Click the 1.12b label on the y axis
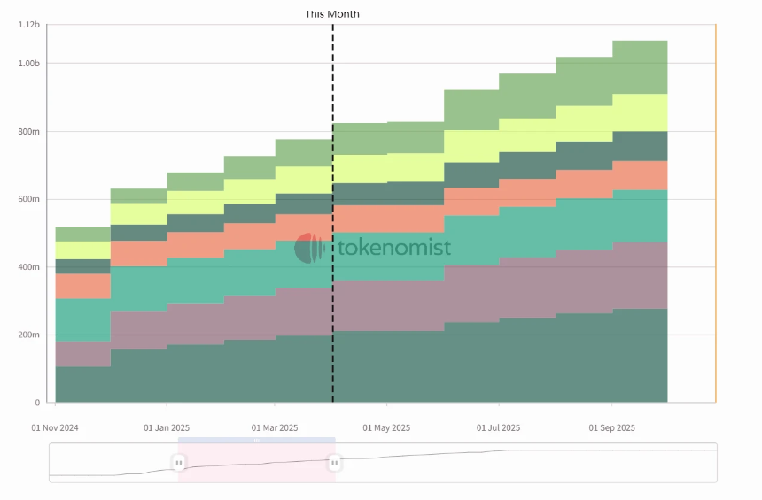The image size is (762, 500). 29,25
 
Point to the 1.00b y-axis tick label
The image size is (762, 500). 29,64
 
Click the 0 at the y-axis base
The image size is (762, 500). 38,403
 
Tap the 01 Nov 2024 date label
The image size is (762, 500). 55,428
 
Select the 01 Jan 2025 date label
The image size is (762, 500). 167,428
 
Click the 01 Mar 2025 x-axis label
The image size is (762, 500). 275,428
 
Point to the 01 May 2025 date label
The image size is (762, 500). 387,428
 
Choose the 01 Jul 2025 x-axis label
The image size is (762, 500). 499,428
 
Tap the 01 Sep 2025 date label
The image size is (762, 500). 612,428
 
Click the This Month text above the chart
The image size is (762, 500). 332,14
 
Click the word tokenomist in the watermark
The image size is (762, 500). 394,249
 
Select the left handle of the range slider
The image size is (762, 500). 178,462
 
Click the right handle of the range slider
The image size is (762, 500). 335,462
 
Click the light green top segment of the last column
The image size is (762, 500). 640,67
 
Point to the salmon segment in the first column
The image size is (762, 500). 82,286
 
